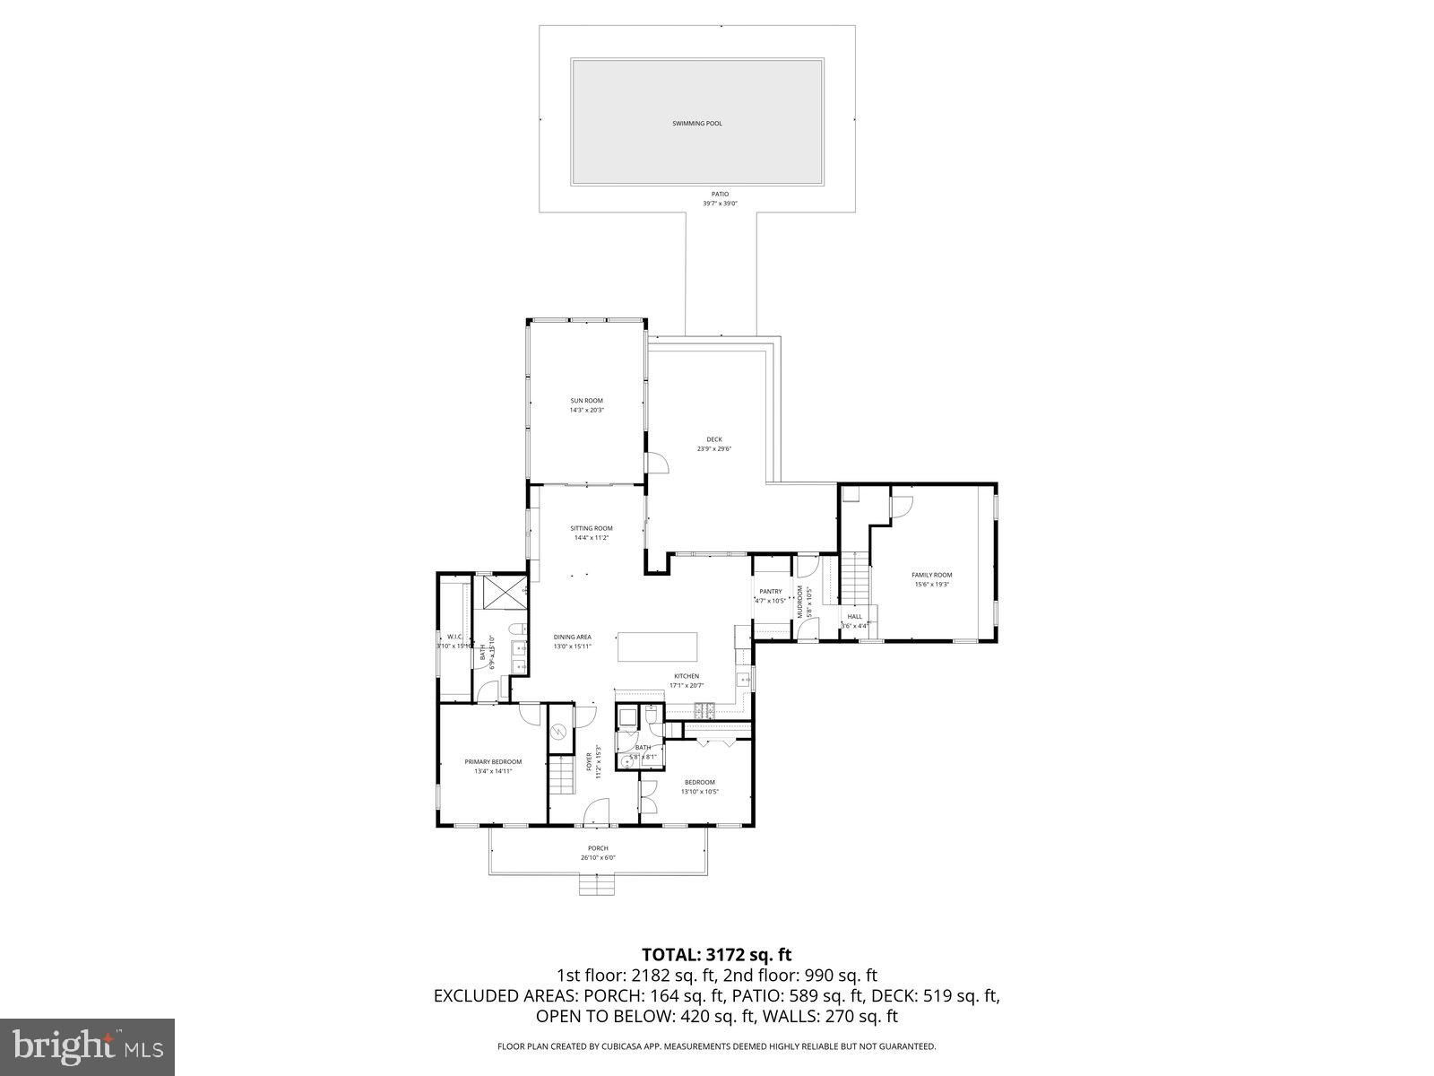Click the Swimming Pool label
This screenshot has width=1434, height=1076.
point(696,123)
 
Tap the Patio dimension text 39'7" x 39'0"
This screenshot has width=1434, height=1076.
point(720,204)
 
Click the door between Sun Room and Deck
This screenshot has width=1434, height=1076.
point(658,461)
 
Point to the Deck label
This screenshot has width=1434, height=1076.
point(714,439)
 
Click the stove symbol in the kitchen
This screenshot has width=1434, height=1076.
point(704,709)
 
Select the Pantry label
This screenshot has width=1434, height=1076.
point(771,591)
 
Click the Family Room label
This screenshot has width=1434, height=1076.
point(931,575)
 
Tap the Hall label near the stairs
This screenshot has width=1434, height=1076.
point(855,617)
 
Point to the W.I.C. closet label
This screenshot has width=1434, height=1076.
point(454,637)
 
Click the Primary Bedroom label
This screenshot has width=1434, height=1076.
point(493,761)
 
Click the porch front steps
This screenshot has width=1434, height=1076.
point(598,886)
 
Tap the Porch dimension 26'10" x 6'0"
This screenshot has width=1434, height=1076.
point(598,858)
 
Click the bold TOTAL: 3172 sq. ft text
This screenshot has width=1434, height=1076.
point(716,954)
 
